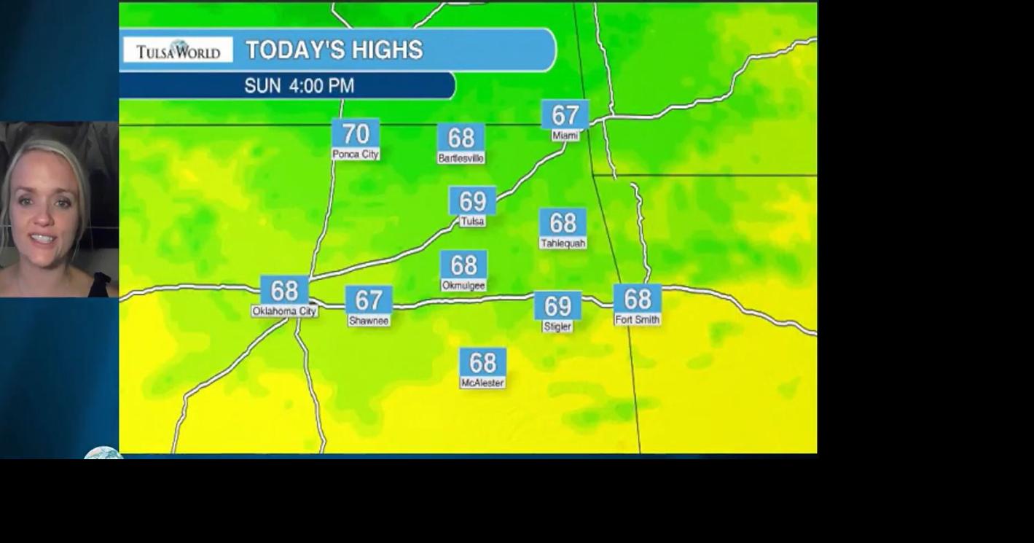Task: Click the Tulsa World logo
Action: tap(178, 50)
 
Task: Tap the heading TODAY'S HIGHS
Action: tap(334, 50)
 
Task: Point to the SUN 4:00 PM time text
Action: tap(299, 86)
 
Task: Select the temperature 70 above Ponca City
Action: tap(356, 133)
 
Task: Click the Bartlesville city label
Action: tap(461, 158)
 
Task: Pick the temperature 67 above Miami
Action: tap(565, 115)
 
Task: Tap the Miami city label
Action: tap(565, 136)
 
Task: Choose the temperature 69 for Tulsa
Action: tap(472, 201)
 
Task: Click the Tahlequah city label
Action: tap(563, 243)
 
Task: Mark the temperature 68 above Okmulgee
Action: tap(463, 265)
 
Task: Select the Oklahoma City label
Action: tap(284, 311)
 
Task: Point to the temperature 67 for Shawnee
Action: tap(369, 300)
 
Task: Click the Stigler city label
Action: tap(557, 327)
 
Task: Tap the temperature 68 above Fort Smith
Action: tap(638, 299)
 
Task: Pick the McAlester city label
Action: tap(482, 383)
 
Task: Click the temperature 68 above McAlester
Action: tap(482, 362)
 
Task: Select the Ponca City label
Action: tap(356, 155)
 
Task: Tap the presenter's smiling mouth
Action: tap(42, 238)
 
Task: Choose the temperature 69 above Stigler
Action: tap(557, 306)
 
